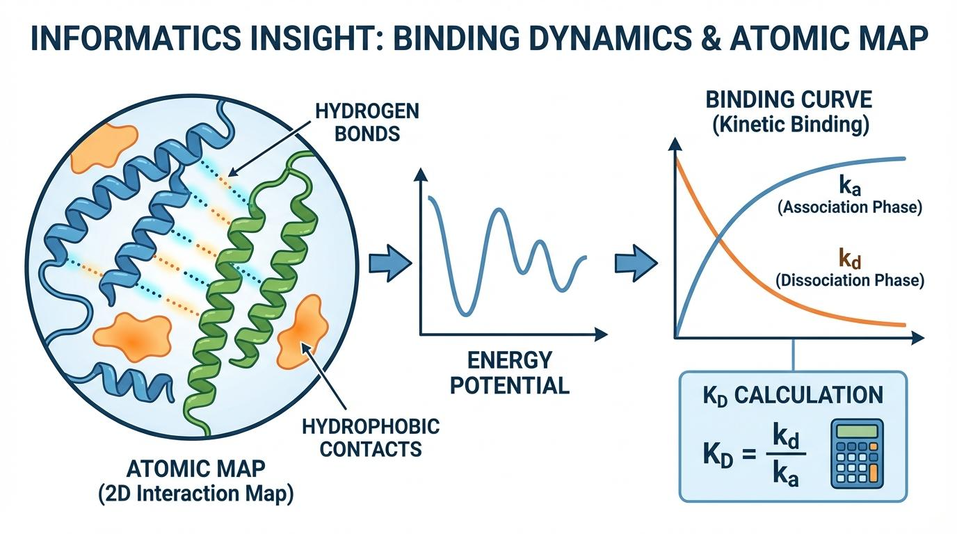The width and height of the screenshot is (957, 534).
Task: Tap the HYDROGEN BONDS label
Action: (368, 122)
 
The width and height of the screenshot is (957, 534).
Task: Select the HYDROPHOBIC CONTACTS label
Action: (371, 437)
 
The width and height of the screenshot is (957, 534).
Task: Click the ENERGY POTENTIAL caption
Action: (510, 372)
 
